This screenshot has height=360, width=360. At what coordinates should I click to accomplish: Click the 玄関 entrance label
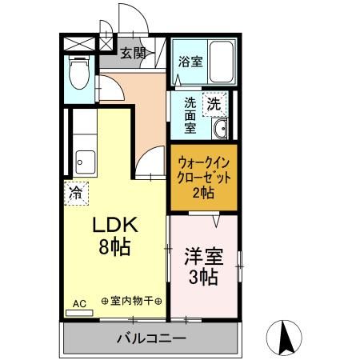(x=134, y=54)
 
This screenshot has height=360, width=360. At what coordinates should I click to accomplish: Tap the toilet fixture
(x=78, y=75)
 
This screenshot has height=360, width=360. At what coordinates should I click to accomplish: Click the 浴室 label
(x=189, y=61)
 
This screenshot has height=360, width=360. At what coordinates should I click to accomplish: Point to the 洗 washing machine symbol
(x=214, y=102)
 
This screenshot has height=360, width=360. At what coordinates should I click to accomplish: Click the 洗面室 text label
(x=190, y=114)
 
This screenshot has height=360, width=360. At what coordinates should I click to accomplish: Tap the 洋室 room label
(x=204, y=257)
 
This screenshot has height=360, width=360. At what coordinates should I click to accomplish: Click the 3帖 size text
(x=205, y=278)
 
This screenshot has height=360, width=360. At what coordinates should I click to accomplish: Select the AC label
(x=79, y=303)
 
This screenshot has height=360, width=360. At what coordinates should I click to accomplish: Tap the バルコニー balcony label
(x=150, y=338)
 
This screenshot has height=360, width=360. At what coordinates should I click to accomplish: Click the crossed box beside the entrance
(x=72, y=42)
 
